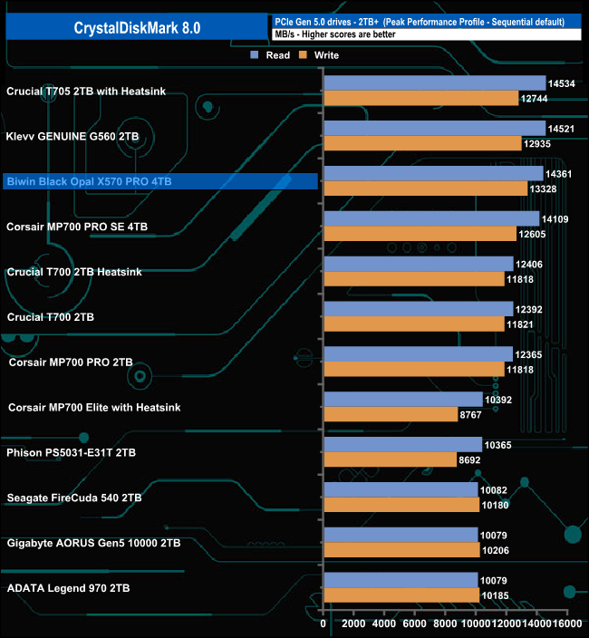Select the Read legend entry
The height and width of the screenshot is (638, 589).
coord(272,55)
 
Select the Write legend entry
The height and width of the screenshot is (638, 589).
coord(323,55)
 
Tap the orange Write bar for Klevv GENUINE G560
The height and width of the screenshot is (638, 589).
coord(422,143)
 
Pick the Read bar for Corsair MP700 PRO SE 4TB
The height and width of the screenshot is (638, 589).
coord(431,218)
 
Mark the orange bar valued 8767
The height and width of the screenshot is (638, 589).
coord(391,414)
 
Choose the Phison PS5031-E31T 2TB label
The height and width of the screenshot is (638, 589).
coord(72,452)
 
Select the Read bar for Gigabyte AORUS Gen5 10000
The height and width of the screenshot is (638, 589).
coord(401,535)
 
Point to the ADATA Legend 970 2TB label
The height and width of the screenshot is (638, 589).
coord(68,588)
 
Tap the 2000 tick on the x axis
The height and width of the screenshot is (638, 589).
coord(354,624)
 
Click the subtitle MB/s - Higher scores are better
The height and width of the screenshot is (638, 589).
coord(334,34)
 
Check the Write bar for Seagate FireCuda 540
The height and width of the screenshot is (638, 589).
coord(401,505)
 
